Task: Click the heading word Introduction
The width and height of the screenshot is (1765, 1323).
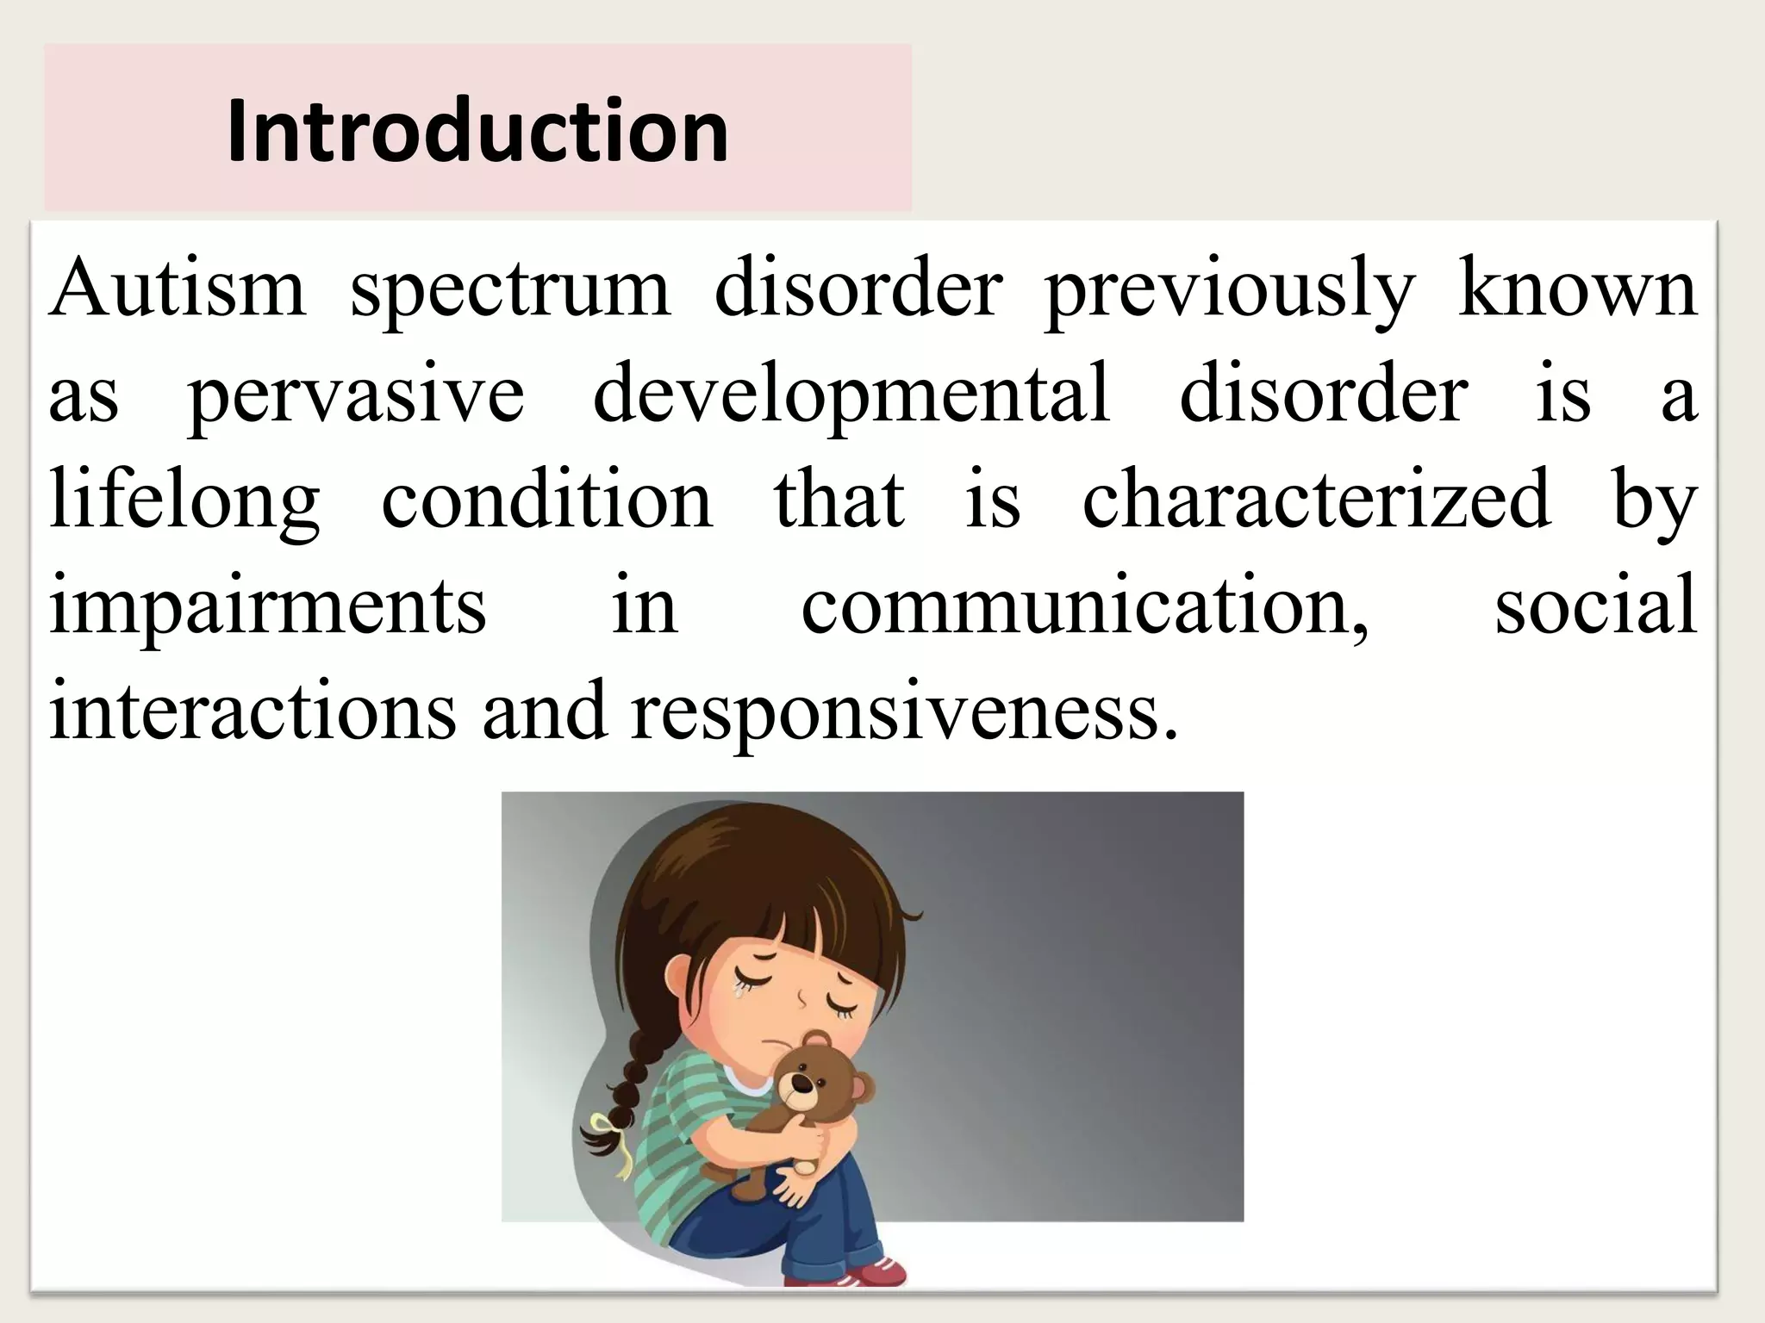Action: tap(477, 131)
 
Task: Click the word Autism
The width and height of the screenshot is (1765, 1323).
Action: tap(177, 289)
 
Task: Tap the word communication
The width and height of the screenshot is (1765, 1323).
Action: tap(1084, 606)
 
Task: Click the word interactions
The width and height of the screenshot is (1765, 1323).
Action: tap(252, 711)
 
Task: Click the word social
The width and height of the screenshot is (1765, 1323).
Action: tap(1595, 605)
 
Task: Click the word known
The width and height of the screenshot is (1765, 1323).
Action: tap(1576, 289)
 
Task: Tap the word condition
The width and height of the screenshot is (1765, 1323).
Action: tap(547, 500)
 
